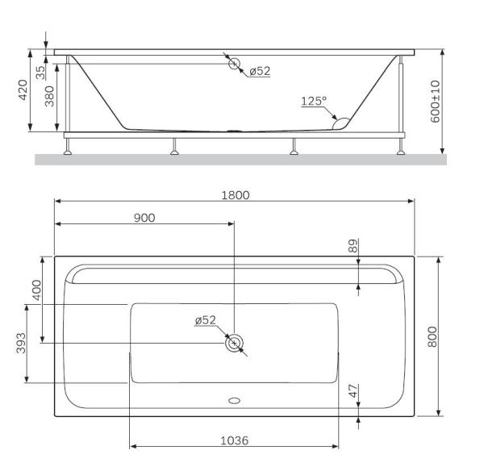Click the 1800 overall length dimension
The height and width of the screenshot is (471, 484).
pos(236,195)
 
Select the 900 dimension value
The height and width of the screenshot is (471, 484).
pos(144,218)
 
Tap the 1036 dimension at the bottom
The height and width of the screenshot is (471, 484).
pos(234,441)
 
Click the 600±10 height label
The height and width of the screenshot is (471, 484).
pos(436,101)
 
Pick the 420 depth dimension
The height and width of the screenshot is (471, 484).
pos(24,90)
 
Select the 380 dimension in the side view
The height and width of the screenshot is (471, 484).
pos(49,98)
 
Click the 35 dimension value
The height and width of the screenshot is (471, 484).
pos(40,70)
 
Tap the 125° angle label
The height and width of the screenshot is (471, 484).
pos(314,102)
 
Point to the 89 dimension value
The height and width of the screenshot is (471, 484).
pos(353,246)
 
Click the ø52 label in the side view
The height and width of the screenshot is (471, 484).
pos(259,71)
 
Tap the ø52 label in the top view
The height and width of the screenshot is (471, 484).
pos(206,320)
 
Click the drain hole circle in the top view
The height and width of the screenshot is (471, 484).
pos(234,343)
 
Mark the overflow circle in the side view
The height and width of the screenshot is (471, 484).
pos(234,64)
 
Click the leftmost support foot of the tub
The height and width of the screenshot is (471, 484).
pos(69,149)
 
